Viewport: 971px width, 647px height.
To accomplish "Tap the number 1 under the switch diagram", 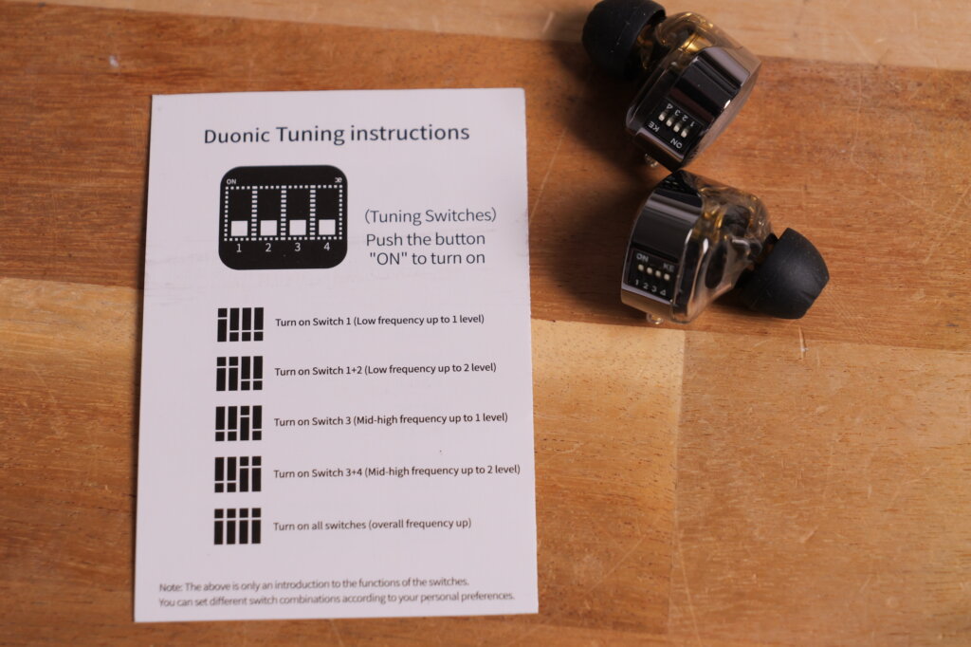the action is (239, 249).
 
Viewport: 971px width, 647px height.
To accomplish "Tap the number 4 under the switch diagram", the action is (326, 248).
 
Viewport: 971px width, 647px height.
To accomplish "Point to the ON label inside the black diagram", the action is (231, 181).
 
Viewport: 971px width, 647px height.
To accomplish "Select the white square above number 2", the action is (268, 228).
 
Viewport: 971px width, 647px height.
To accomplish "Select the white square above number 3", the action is (297, 228).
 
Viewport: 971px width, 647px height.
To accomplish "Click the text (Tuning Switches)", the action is (431, 215).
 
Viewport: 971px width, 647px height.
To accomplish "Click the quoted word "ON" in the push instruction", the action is (388, 258).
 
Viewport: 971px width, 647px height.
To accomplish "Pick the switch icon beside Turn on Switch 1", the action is (240, 324).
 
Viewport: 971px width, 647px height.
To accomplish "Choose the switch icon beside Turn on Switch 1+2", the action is (239, 373).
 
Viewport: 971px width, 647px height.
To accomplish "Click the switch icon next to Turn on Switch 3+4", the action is (238, 474).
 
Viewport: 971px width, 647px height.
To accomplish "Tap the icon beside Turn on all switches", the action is (237, 527).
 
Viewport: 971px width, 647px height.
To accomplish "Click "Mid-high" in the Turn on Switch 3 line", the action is (375, 420).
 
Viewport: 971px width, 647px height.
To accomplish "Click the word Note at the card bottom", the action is (170, 587).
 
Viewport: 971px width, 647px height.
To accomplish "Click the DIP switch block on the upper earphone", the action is (672, 122).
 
